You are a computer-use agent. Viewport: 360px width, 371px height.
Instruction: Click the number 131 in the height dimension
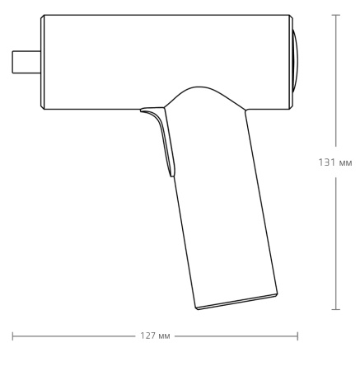point(325,162)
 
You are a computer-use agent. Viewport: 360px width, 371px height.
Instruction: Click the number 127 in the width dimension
point(149,336)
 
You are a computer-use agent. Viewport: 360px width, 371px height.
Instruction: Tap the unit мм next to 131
point(345,163)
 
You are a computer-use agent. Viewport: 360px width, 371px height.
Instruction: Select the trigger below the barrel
point(164,136)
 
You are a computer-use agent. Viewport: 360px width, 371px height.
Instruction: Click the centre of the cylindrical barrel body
point(165,58)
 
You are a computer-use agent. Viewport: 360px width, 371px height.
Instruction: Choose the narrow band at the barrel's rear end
point(288,62)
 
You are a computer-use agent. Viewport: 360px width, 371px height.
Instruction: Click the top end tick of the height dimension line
point(335,14)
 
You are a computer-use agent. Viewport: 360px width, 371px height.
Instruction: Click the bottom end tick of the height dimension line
point(335,309)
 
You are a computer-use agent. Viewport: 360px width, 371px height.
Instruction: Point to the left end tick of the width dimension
point(13,336)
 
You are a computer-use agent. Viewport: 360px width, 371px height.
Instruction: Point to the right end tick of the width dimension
point(297,336)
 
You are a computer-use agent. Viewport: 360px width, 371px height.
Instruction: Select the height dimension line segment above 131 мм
point(335,82)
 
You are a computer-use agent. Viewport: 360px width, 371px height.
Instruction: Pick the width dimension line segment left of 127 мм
point(74,336)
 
